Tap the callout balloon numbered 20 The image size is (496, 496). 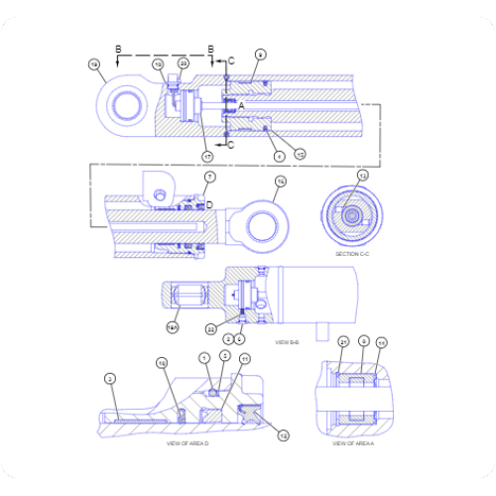(183, 63)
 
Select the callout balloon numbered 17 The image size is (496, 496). (207, 156)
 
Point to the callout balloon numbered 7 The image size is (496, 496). (209, 177)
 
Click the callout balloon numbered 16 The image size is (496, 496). (280, 182)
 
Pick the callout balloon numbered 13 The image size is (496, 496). (363, 175)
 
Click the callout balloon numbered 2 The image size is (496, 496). (110, 378)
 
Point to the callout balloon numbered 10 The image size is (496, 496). (162, 364)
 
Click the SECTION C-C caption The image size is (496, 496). (353, 254)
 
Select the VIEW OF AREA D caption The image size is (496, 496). (186, 443)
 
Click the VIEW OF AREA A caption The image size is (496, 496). (352, 443)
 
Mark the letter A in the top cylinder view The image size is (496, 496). (240, 103)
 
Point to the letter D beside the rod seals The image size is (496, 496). (209, 204)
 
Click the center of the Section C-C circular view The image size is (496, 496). (353, 213)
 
